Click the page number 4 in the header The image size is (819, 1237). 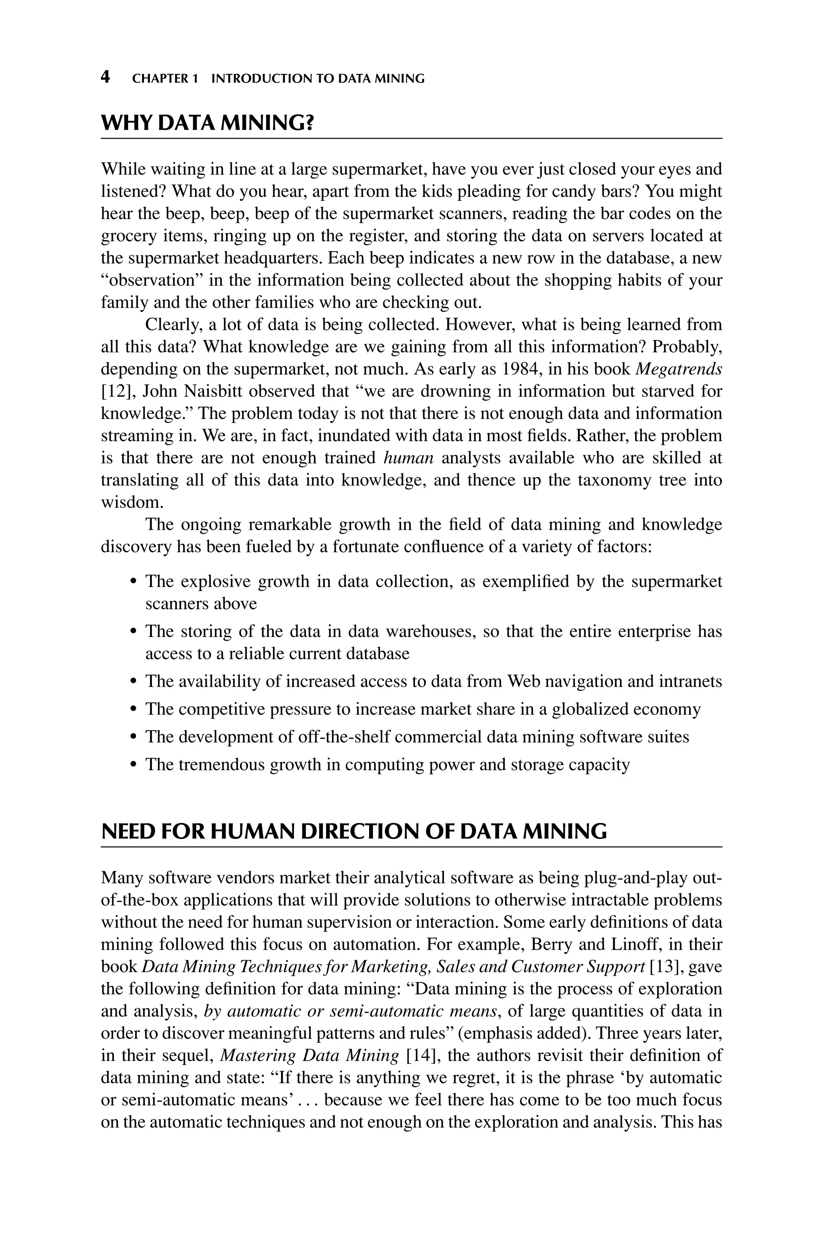click(x=106, y=77)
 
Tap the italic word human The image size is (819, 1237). click(x=408, y=458)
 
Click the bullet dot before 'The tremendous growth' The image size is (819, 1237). click(x=133, y=765)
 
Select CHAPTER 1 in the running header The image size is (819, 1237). click(x=165, y=79)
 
